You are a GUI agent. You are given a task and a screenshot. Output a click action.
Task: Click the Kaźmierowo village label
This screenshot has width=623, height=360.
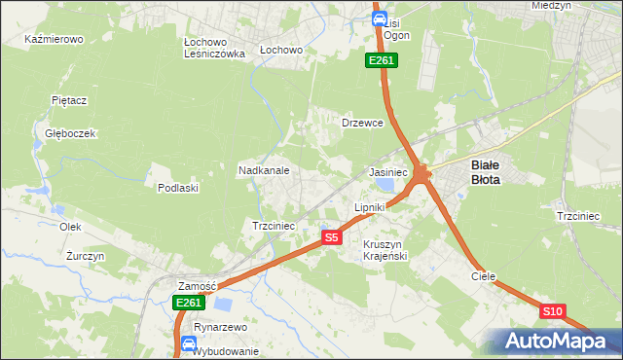pos(55,40)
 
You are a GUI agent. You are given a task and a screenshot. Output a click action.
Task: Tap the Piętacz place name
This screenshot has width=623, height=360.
pos(70,100)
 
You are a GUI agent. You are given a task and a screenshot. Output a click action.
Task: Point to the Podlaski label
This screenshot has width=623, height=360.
pos(178,188)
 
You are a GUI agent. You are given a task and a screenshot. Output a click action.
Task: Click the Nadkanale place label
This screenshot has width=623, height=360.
pos(264,170)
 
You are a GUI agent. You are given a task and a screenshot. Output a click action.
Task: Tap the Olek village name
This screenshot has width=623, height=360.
pos(70,226)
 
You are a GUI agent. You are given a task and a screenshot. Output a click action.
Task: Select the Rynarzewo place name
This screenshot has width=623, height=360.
pos(220,328)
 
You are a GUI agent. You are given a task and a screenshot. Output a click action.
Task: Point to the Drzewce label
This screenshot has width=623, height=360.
pos(362,124)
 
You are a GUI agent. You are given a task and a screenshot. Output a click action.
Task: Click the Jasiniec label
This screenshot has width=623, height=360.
pos(387,171)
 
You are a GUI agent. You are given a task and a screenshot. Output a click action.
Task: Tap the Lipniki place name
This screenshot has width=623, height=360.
pos(370,207)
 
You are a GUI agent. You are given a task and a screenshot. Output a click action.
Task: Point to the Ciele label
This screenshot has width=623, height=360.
pos(484,276)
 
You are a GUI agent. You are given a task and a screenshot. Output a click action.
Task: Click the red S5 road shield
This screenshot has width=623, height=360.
pos(332,237)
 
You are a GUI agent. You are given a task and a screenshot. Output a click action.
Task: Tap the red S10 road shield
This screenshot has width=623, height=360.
pos(553,311)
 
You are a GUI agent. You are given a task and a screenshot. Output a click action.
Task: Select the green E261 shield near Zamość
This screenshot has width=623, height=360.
pos(189,304)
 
